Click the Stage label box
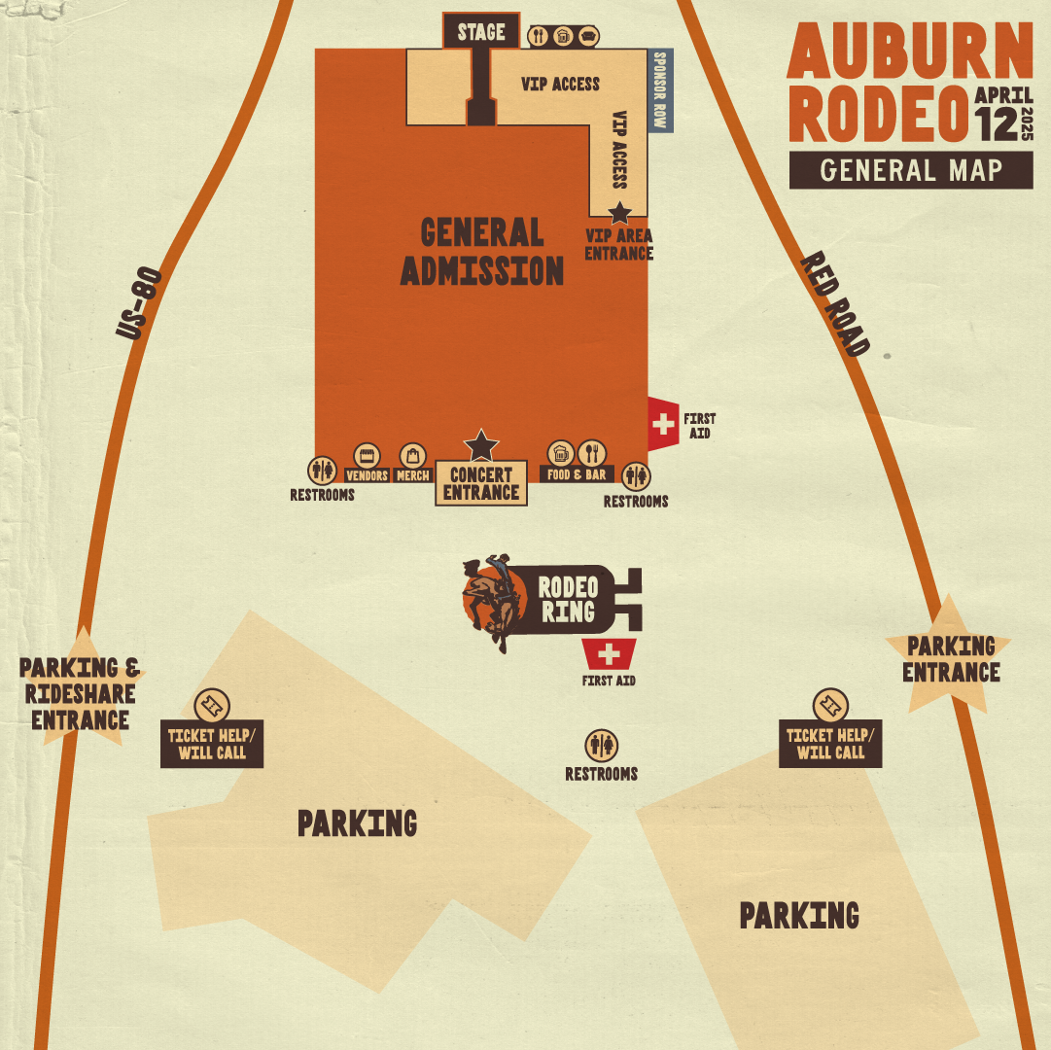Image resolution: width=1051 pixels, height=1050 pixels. [x=481, y=30]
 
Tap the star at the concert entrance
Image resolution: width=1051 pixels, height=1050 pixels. [x=481, y=445]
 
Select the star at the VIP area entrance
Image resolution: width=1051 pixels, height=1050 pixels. [x=619, y=212]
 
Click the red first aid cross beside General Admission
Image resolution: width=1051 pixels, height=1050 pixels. [x=664, y=424]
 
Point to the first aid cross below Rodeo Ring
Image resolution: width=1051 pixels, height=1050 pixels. [x=609, y=651]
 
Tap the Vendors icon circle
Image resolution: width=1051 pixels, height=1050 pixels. [x=367, y=454]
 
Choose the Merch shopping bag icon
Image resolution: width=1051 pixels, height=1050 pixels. [x=413, y=455]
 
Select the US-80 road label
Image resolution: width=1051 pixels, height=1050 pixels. [x=137, y=303]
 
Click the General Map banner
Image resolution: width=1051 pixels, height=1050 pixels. [x=911, y=170]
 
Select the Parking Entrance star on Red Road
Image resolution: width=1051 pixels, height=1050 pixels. [x=950, y=659]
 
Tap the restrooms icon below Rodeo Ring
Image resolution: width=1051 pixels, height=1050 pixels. [x=602, y=746]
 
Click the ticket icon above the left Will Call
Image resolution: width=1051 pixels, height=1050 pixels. [x=211, y=704]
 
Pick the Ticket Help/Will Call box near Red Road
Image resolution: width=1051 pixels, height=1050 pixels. [x=830, y=744]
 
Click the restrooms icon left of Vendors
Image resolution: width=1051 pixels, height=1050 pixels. [x=322, y=471]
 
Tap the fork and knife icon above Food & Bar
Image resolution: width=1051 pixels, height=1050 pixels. [x=592, y=452]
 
